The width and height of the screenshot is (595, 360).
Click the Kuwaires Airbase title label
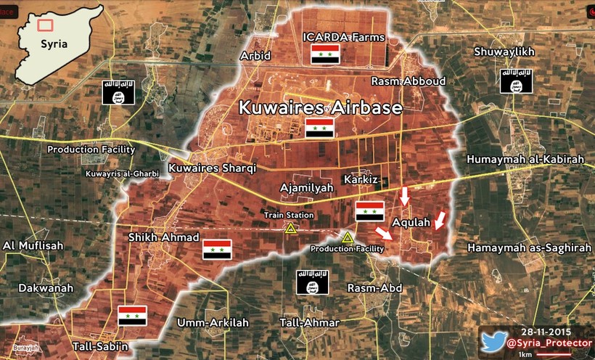321,107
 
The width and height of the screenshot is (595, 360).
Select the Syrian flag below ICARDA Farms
326,54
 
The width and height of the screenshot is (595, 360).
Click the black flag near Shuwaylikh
517,81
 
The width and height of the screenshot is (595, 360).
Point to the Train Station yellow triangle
290,229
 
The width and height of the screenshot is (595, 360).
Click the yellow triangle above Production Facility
348,237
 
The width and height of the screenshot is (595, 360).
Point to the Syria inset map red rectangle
45,25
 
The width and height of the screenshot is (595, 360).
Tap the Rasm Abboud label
408,81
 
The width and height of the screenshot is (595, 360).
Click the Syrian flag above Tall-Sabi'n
132,316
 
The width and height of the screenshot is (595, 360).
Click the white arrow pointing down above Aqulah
405,197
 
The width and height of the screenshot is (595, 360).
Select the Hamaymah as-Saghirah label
529,247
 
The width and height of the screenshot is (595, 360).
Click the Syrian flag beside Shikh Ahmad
217,250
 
